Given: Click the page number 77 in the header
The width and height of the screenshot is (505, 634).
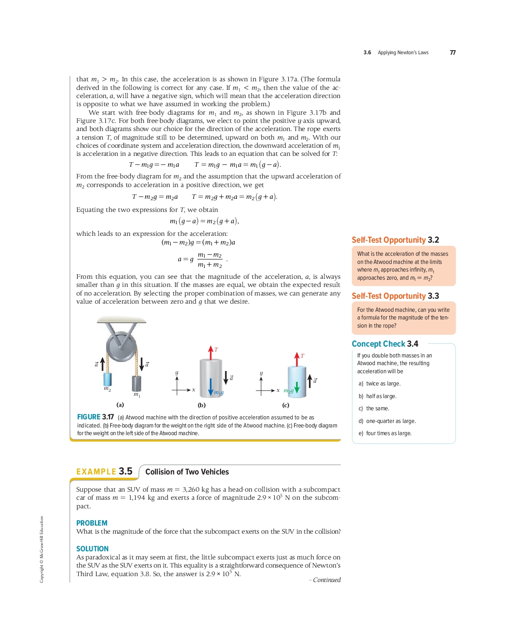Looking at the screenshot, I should pyautogui.click(x=453, y=52).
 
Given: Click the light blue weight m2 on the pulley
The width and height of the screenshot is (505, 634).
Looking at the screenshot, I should pyautogui.click(x=108, y=379).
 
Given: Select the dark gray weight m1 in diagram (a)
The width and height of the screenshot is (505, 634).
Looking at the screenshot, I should pyautogui.click(x=136, y=383).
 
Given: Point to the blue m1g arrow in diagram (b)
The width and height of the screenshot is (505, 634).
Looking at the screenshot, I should pyautogui.click(x=210, y=386).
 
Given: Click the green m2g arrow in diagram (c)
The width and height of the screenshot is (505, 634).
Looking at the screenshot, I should pyautogui.click(x=297, y=388).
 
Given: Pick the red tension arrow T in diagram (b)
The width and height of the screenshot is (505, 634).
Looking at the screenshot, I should pyautogui.click(x=210, y=352).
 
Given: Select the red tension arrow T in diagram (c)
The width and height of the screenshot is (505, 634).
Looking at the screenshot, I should pyautogui.click(x=297, y=359).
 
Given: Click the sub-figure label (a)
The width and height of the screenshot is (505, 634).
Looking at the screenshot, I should pyautogui.click(x=120, y=405).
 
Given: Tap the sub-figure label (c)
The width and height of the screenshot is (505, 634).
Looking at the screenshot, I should pyautogui.click(x=285, y=405).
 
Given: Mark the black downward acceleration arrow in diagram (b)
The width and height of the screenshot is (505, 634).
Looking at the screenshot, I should pyautogui.click(x=226, y=377).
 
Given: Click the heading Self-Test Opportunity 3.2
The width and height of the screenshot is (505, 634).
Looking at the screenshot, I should pyautogui.click(x=395, y=240).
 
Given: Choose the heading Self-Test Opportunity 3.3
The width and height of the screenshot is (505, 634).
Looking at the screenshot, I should pyautogui.click(x=395, y=296).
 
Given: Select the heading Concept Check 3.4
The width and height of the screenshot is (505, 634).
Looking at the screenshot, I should pyautogui.click(x=385, y=344).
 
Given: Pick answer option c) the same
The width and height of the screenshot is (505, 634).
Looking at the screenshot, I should pyautogui.click(x=374, y=409).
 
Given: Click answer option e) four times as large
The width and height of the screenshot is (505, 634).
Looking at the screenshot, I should pyautogui.click(x=385, y=433).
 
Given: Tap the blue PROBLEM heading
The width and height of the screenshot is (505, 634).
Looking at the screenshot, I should pyautogui.click(x=92, y=523).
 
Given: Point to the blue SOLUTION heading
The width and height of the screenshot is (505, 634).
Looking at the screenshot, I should pyautogui.click(x=92, y=549).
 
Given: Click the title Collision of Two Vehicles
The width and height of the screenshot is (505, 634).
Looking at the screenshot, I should pyautogui.click(x=187, y=472).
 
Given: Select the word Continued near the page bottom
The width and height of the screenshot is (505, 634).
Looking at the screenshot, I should pyautogui.click(x=327, y=580).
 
